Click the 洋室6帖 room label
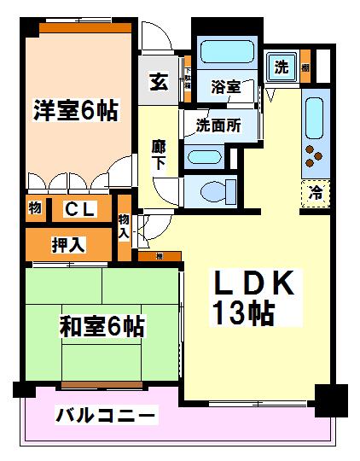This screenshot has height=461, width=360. pos(75,111)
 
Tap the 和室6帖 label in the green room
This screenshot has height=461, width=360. pos(101,326)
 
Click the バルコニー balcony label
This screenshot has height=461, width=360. pos(106,416)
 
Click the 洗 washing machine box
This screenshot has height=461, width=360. pos(281,67)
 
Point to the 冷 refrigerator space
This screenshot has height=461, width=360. pos(314,193)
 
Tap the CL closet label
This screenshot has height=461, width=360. pos(80,209)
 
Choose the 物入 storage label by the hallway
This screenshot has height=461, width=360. pos(125,225)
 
